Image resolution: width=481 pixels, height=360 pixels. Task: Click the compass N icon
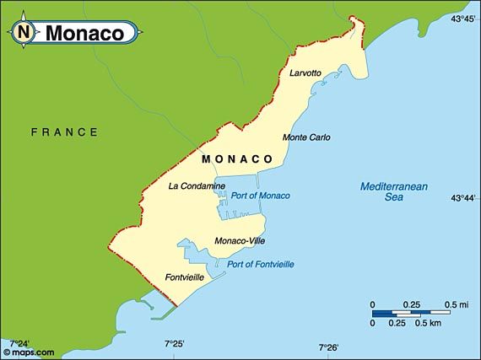23,33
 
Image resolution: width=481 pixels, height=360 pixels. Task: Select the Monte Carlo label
306,137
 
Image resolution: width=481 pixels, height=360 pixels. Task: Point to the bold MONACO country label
237,159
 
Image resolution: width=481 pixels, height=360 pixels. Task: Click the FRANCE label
64,132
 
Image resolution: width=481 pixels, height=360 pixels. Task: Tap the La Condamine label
197,185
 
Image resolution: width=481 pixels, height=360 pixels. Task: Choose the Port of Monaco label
261,196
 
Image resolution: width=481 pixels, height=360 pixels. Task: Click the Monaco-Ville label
240,241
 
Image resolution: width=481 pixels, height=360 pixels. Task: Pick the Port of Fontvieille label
261,264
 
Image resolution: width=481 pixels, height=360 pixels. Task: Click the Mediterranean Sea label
394,191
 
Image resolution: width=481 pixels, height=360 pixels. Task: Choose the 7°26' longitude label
328,347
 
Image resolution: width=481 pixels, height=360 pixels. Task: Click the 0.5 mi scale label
456,304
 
